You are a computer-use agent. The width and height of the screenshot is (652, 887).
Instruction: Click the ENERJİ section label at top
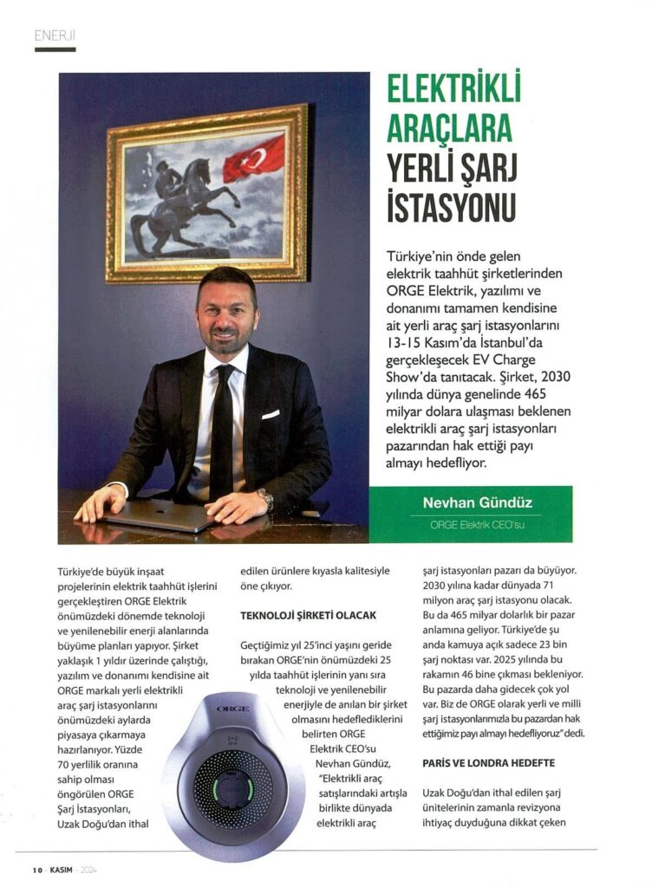point(55,35)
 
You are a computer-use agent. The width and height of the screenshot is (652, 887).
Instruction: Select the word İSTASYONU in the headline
point(450,209)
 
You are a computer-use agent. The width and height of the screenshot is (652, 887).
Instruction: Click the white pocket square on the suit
point(271,414)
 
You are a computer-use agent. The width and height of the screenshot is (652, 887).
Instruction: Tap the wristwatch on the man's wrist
point(265,499)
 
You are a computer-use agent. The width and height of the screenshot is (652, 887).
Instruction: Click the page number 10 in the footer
point(37,870)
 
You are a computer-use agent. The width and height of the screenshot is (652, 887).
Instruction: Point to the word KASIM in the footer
point(62,870)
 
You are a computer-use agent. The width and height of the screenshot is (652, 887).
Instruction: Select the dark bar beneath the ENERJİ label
point(55,49)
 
